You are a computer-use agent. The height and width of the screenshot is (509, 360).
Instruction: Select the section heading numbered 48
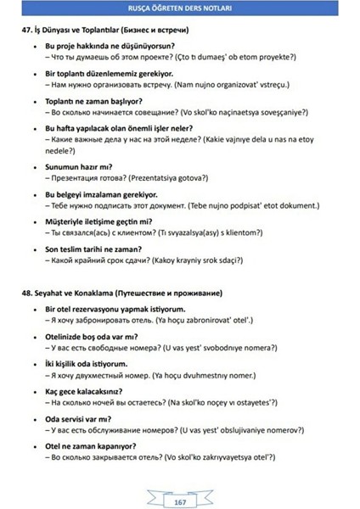pyautogui.click(x=123, y=293)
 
